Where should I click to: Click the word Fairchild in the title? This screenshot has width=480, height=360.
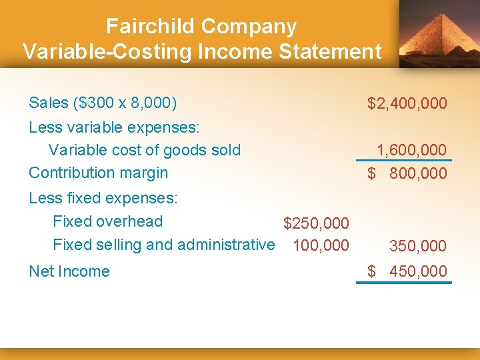pyautogui.click(x=151, y=27)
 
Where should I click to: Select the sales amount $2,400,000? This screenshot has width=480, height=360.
pyautogui.click(x=407, y=103)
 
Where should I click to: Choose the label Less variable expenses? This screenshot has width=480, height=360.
pyautogui.click(x=115, y=127)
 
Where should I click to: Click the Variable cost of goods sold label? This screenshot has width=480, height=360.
pyautogui.click(x=145, y=150)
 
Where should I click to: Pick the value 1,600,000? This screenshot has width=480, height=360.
pyautogui.click(x=411, y=151)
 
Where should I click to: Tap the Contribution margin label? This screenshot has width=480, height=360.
pyautogui.click(x=99, y=173)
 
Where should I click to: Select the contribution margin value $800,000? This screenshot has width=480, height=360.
pyautogui.click(x=407, y=174)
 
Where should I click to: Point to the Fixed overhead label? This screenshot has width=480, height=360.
pyautogui.click(x=107, y=221)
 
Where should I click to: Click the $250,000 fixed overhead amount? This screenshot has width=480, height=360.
pyautogui.click(x=316, y=223)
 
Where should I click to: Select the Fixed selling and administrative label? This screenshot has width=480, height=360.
pyautogui.click(x=163, y=245)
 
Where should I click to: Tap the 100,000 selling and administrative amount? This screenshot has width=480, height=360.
pyautogui.click(x=321, y=245)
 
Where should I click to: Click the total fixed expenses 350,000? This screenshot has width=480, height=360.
pyautogui.click(x=417, y=246)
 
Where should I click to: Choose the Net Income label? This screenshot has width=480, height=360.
pyautogui.click(x=69, y=271)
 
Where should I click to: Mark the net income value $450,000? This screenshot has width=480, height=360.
pyautogui.click(x=407, y=271)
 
